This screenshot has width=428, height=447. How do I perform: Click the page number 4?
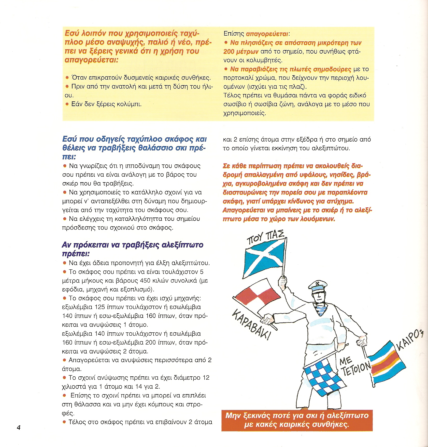click(19, 427)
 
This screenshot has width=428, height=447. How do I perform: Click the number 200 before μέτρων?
click(229, 52)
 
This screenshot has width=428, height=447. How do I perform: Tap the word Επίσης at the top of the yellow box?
click(234, 34)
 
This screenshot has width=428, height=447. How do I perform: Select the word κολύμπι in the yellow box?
click(132, 104)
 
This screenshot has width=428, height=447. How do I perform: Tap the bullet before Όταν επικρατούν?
click(67, 78)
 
